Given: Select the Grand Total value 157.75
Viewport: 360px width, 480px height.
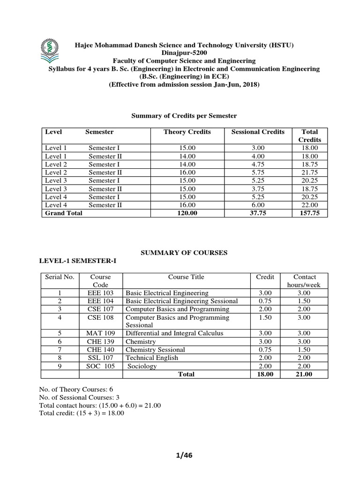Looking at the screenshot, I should pos(309,213).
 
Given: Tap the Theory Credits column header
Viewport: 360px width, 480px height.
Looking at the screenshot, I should pos(187,132).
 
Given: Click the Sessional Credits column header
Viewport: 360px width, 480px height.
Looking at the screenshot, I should pos(258,132).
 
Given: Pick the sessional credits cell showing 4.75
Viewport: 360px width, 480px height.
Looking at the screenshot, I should pos(258,165).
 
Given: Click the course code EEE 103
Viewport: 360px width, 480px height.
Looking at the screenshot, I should pos(100,292).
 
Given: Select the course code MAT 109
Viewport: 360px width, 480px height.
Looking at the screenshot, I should pos(100,333).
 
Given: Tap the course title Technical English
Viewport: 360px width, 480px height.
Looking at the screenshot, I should pos(152,358).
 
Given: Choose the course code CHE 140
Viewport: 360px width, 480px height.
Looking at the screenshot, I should pos(100,350).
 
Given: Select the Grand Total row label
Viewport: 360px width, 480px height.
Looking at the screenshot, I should pos(63,213).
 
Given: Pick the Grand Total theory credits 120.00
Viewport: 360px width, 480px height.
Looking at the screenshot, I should pos(187,213).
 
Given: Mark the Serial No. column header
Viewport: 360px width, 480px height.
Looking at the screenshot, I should pos(60,277).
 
